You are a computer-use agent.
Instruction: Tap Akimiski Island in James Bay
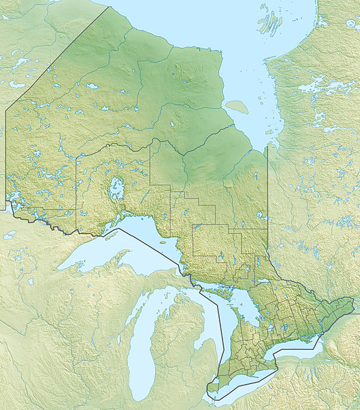coord(237,107)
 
